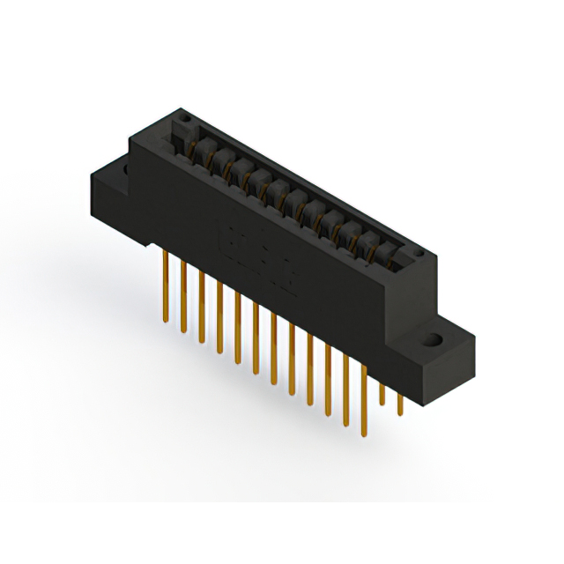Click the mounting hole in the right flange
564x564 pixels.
[x=434, y=339]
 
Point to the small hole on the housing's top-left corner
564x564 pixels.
[x=183, y=115]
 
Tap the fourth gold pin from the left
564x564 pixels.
[x=219, y=317]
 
